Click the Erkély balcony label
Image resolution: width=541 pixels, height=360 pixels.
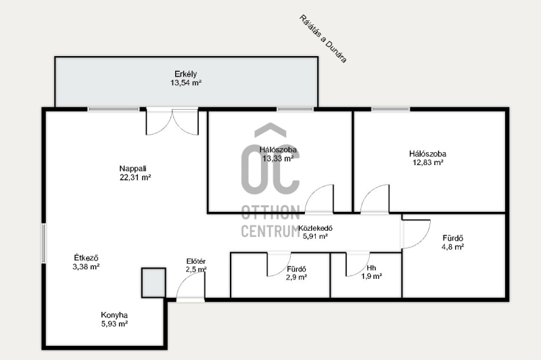[185, 74]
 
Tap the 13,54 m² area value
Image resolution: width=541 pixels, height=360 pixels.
[185, 83]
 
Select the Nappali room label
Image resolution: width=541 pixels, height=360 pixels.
[133, 168]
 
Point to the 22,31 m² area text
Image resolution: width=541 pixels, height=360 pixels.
[135, 177]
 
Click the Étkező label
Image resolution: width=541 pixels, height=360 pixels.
[87, 258]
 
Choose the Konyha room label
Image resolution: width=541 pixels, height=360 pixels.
[114, 315]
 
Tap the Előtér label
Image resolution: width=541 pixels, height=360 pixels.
[196, 261]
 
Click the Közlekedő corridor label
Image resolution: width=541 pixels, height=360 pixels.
[315, 228]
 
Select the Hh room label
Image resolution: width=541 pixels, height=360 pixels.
[371, 268]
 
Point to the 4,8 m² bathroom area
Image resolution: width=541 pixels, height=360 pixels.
[452, 247]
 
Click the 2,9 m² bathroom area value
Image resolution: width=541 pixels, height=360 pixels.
[296, 277]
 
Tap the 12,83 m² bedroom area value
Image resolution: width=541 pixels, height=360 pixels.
[428, 162]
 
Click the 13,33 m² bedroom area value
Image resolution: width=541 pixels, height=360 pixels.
[278, 158]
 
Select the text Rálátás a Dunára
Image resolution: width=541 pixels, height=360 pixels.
[323, 39]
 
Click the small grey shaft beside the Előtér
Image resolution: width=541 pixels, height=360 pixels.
[154, 283]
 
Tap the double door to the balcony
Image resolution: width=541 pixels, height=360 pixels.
[172, 121]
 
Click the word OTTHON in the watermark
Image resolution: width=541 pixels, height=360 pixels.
[270, 212]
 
